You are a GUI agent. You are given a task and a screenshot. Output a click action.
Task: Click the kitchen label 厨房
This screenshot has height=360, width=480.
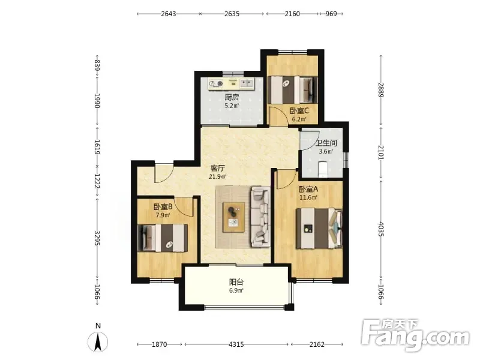(x=232, y=97)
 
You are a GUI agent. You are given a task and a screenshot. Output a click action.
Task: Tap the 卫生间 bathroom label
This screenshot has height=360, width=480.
(x=326, y=143)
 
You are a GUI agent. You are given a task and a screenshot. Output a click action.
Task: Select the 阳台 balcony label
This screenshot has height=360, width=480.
(x=236, y=282)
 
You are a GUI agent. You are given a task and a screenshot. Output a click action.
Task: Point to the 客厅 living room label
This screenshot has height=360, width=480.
(x=218, y=168)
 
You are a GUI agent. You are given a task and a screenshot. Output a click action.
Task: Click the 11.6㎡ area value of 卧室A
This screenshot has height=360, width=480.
(x=308, y=197)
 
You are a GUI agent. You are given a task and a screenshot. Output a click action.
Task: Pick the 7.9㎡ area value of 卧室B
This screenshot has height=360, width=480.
(x=163, y=215)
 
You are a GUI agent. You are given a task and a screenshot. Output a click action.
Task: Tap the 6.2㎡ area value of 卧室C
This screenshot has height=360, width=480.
(x=299, y=119)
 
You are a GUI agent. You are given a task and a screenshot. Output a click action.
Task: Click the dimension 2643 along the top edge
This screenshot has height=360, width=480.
(x=169, y=14)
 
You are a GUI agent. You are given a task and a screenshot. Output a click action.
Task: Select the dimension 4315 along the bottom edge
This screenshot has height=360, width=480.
(x=236, y=344)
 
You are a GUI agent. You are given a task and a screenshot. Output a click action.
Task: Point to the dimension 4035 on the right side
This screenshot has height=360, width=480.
(x=381, y=229)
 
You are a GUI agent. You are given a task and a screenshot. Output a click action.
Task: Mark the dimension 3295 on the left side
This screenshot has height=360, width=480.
(x=97, y=238)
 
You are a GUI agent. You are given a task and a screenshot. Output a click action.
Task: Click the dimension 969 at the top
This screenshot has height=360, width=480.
(x=331, y=14)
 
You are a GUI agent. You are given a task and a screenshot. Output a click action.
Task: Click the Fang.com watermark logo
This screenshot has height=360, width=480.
(x=415, y=336)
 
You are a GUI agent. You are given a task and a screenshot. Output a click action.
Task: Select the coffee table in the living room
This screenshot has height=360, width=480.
(x=234, y=217)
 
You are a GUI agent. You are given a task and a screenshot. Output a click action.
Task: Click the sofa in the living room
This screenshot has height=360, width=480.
(x=261, y=217)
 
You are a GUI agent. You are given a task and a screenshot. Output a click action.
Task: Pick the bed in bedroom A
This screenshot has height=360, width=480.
(x=319, y=229)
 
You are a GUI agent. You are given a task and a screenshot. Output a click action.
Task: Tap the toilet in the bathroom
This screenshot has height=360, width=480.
(x=323, y=169)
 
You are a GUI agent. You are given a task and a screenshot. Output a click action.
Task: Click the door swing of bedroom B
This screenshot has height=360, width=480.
(x=185, y=207)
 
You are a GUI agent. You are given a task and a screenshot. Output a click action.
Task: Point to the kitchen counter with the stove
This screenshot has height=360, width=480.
(x=231, y=83)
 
